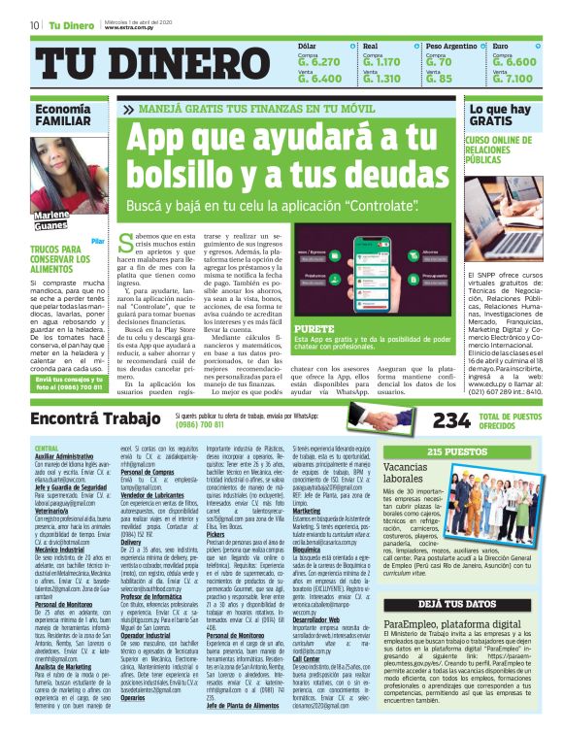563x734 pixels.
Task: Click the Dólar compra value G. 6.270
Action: (x=319, y=61)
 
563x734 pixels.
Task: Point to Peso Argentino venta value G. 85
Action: (x=439, y=79)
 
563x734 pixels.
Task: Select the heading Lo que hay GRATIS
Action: (x=498, y=116)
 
